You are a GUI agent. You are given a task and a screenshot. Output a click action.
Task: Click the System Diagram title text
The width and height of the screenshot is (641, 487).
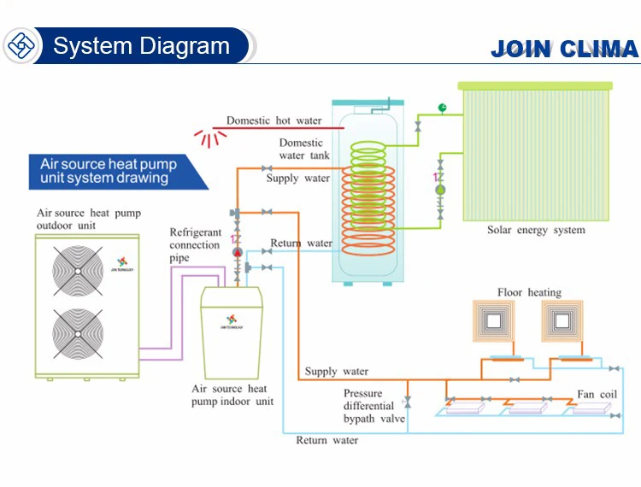point(141,45)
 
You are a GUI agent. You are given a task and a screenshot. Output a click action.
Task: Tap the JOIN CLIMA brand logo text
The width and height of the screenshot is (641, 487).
point(564,49)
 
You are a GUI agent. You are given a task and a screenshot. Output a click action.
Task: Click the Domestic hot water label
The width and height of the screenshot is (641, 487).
point(273,121)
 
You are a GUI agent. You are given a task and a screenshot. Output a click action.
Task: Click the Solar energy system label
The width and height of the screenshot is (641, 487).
point(536,230)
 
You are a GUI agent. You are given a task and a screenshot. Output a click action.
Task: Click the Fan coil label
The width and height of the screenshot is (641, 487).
point(597,396)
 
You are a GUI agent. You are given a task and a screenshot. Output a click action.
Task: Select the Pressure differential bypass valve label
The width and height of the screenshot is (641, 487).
point(374,406)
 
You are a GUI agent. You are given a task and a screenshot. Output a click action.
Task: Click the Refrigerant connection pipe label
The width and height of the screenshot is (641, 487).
point(195,245)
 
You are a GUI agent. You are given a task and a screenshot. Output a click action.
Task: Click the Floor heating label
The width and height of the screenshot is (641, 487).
point(529,293)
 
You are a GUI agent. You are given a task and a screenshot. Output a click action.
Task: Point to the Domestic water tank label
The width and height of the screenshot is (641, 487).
point(301,149)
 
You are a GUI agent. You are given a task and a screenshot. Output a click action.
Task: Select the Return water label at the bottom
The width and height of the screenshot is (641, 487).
point(327,440)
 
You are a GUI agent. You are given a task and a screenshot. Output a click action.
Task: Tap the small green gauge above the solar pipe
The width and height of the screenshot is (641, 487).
point(443,108)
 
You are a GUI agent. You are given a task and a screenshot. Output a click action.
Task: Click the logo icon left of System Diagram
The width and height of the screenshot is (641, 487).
point(21,45)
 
